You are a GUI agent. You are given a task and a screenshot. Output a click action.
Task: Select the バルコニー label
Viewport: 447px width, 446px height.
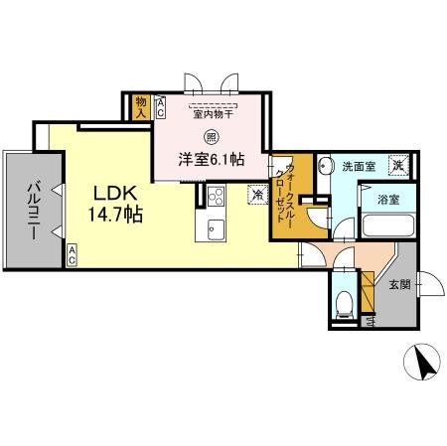click(x=34, y=208)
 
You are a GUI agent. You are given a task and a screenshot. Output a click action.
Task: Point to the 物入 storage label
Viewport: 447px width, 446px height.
click(x=141, y=106)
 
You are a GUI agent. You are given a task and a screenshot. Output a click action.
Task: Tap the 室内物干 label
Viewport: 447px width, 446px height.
click(x=214, y=113)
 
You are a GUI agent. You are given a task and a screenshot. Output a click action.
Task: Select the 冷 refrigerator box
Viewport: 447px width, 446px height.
click(x=257, y=196)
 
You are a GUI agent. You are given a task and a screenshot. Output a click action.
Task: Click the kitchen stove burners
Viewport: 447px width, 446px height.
click(x=216, y=194)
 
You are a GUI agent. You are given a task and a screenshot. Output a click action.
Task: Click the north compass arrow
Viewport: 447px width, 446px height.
click(x=424, y=364)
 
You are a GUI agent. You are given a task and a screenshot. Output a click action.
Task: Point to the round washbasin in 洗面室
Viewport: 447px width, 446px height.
click(x=327, y=166)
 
